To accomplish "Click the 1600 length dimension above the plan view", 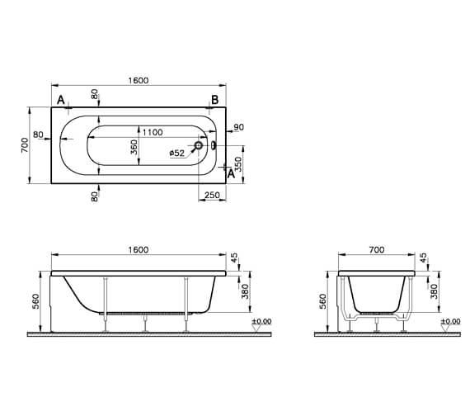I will [139, 80].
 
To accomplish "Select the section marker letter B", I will [214, 100].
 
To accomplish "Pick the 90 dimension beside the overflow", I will [239, 127].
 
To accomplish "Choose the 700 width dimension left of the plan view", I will [26, 145].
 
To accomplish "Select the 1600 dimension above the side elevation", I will [139, 250].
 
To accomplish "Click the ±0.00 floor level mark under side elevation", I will [261, 321].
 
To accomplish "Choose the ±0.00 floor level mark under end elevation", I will [450, 321].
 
